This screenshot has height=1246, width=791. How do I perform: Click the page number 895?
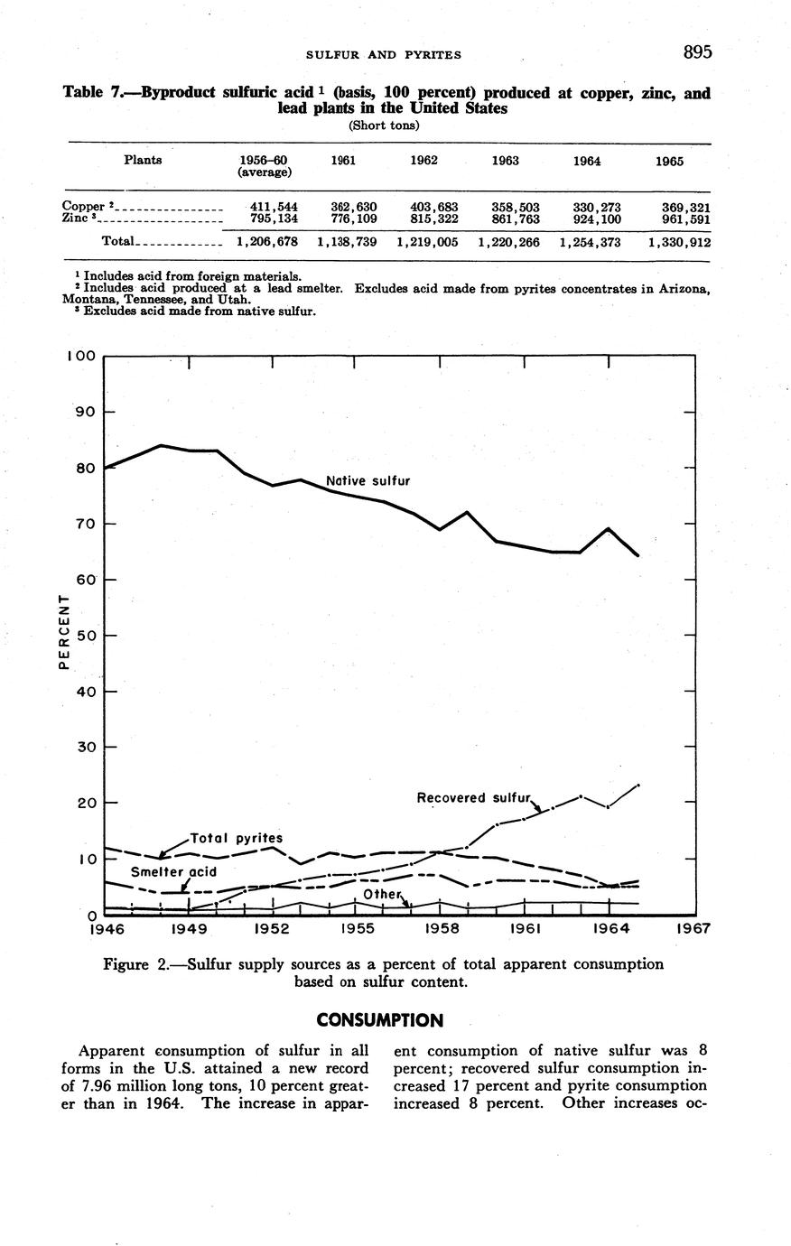697,52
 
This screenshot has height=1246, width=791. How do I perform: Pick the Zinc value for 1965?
685,218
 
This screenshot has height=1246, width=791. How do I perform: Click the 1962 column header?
423,161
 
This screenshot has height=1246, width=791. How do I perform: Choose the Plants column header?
143,160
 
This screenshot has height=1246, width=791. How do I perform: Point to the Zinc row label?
76,218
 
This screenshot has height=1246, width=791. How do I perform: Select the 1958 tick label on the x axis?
440,928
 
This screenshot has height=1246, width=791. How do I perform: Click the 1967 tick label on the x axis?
693,928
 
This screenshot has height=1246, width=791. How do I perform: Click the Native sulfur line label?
368,481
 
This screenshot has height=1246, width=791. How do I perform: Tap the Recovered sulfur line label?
475,797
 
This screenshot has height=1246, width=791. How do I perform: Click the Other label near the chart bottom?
380,893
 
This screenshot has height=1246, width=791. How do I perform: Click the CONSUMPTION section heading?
380,1020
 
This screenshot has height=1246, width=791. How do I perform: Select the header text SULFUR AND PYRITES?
384,54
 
